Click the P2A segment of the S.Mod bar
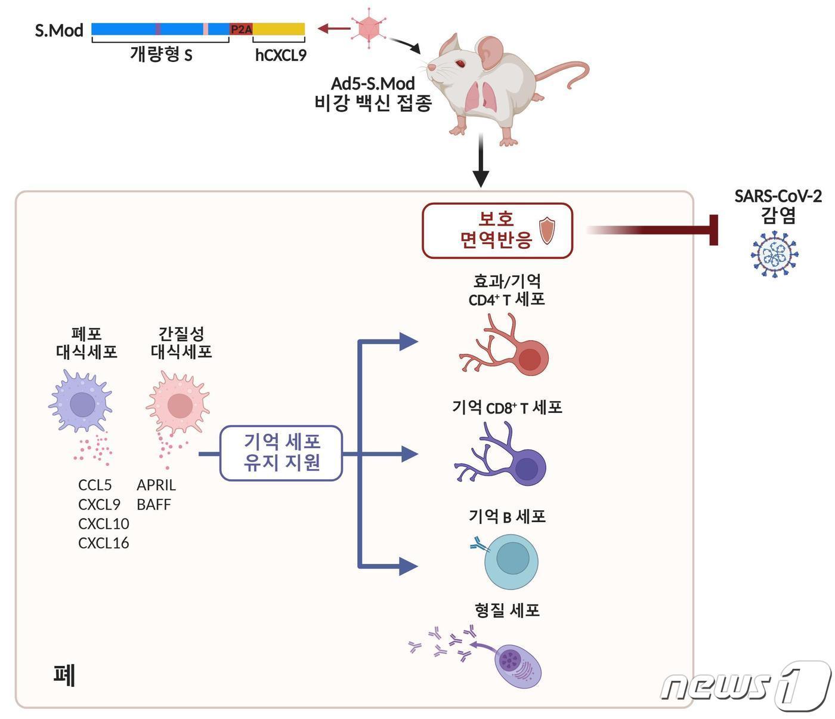click(x=241, y=29)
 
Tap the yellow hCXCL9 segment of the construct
click(x=279, y=29)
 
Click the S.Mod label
click(x=59, y=30)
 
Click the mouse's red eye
click(x=460, y=63)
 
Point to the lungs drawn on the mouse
click(x=482, y=95)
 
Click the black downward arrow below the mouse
click(x=480, y=161)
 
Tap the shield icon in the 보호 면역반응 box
click(x=547, y=231)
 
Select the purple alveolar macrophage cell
click(x=81, y=403)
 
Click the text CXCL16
click(x=103, y=543)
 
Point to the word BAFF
click(x=153, y=505)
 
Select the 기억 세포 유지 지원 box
click(x=281, y=452)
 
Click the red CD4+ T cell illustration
click(x=513, y=353)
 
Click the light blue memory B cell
click(x=511, y=561)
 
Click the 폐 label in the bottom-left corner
click(x=64, y=676)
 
